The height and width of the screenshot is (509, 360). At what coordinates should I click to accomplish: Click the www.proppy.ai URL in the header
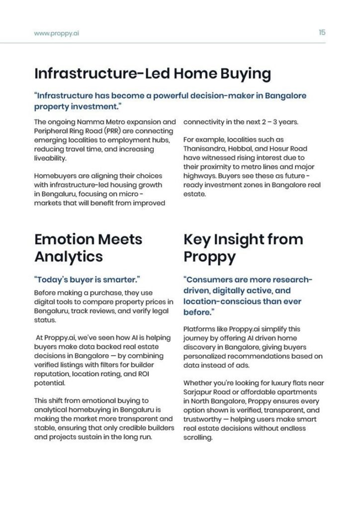coord(56,33)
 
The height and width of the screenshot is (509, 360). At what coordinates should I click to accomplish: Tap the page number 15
coord(322,32)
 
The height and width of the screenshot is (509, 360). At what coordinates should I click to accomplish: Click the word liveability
coord(50,158)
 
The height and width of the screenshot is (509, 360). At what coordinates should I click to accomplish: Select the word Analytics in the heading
coord(68,256)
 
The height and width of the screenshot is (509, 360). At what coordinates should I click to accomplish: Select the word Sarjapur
coord(200,392)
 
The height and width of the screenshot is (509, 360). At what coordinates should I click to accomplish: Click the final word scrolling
coord(198,437)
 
